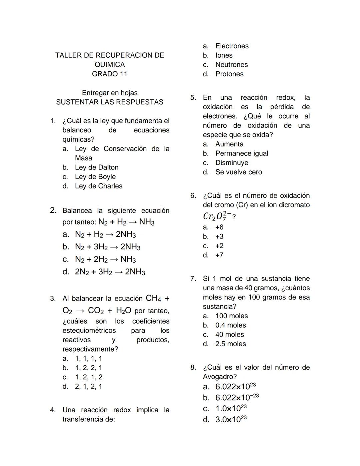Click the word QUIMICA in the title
[x=110, y=65]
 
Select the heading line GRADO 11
[x=110, y=74]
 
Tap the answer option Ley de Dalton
[x=97, y=167]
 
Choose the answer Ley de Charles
[x=99, y=186]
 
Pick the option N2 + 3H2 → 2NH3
[x=108, y=247]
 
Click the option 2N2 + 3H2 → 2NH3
[x=110, y=272]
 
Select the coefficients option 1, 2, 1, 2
[x=89, y=377]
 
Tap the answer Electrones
[x=232, y=46]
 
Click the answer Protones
[x=229, y=74]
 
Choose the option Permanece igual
[x=242, y=153]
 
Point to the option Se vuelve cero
[x=239, y=172]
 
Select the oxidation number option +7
[x=219, y=255]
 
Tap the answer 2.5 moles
[x=230, y=344]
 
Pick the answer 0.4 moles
[x=230, y=325]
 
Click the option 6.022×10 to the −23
[x=237, y=397]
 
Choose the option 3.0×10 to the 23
[x=231, y=419]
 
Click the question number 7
[x=193, y=279]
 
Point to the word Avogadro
[x=220, y=377]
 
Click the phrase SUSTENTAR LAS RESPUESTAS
[x=110, y=102]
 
